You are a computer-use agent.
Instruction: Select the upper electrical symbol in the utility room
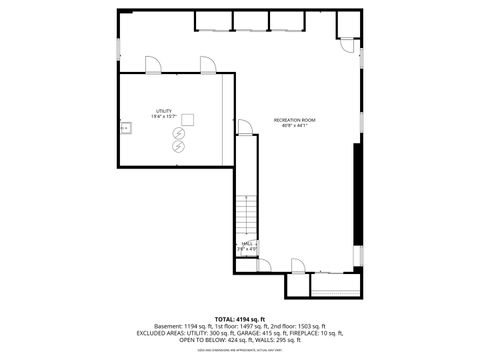tap(178, 134)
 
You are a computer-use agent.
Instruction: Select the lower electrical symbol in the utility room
tap(178, 147)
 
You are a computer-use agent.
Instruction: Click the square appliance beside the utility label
tap(187, 118)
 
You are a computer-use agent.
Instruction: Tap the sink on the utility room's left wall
tap(125, 127)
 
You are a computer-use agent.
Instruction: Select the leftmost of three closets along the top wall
tap(213, 22)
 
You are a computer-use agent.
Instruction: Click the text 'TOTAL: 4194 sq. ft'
tap(240, 317)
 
